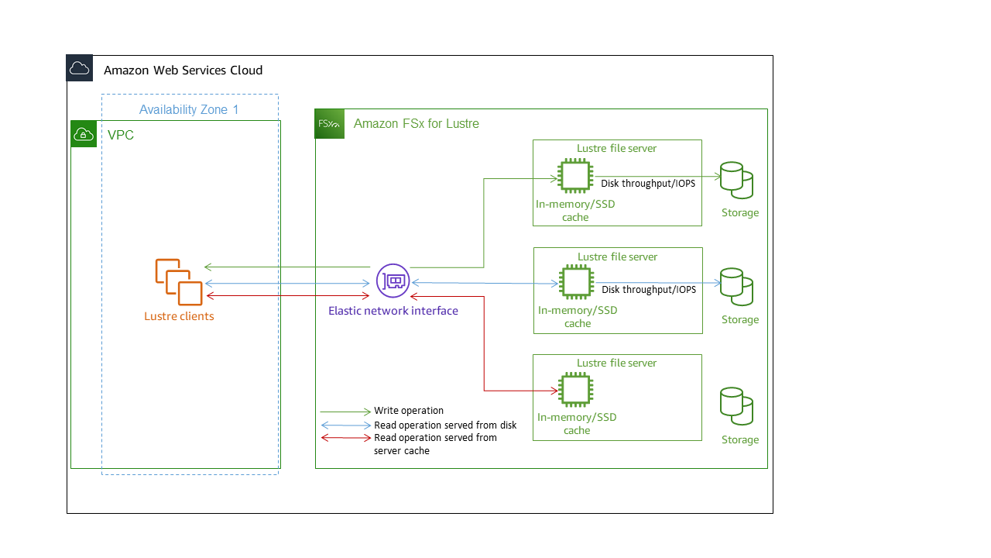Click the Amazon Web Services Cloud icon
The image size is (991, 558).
coord(80,69)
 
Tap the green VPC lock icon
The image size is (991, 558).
coord(84,134)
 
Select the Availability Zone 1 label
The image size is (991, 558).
coord(189,110)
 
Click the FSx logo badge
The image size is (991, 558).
coord(329,124)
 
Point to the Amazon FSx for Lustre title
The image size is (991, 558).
coord(416,124)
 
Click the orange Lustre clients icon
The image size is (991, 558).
coord(179,282)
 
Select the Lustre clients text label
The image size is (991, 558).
coord(179,316)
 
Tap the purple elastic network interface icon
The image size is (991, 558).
coord(393,280)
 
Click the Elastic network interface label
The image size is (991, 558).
coord(393,311)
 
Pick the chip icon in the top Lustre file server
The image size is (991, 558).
coord(574,176)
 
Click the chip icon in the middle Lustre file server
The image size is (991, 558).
coord(574,282)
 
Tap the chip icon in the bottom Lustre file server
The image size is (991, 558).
coord(574,389)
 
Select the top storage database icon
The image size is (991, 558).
coord(736,181)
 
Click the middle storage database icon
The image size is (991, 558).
coord(736,287)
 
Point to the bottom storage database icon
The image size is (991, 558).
coord(736,406)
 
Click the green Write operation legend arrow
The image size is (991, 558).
coord(346,412)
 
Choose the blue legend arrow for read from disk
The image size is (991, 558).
coord(346,425)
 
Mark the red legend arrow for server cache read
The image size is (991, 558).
coord(346,438)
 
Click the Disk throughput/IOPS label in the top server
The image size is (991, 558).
coord(648,184)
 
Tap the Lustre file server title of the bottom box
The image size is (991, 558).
coord(616,363)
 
